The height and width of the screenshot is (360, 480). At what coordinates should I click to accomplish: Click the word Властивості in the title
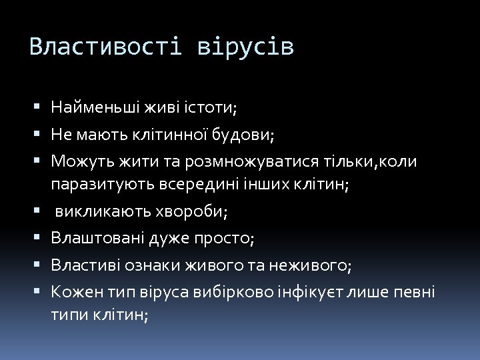(105, 47)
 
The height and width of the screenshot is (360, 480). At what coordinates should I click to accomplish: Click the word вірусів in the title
(245, 47)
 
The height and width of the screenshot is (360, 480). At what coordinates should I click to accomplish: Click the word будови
(242, 135)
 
